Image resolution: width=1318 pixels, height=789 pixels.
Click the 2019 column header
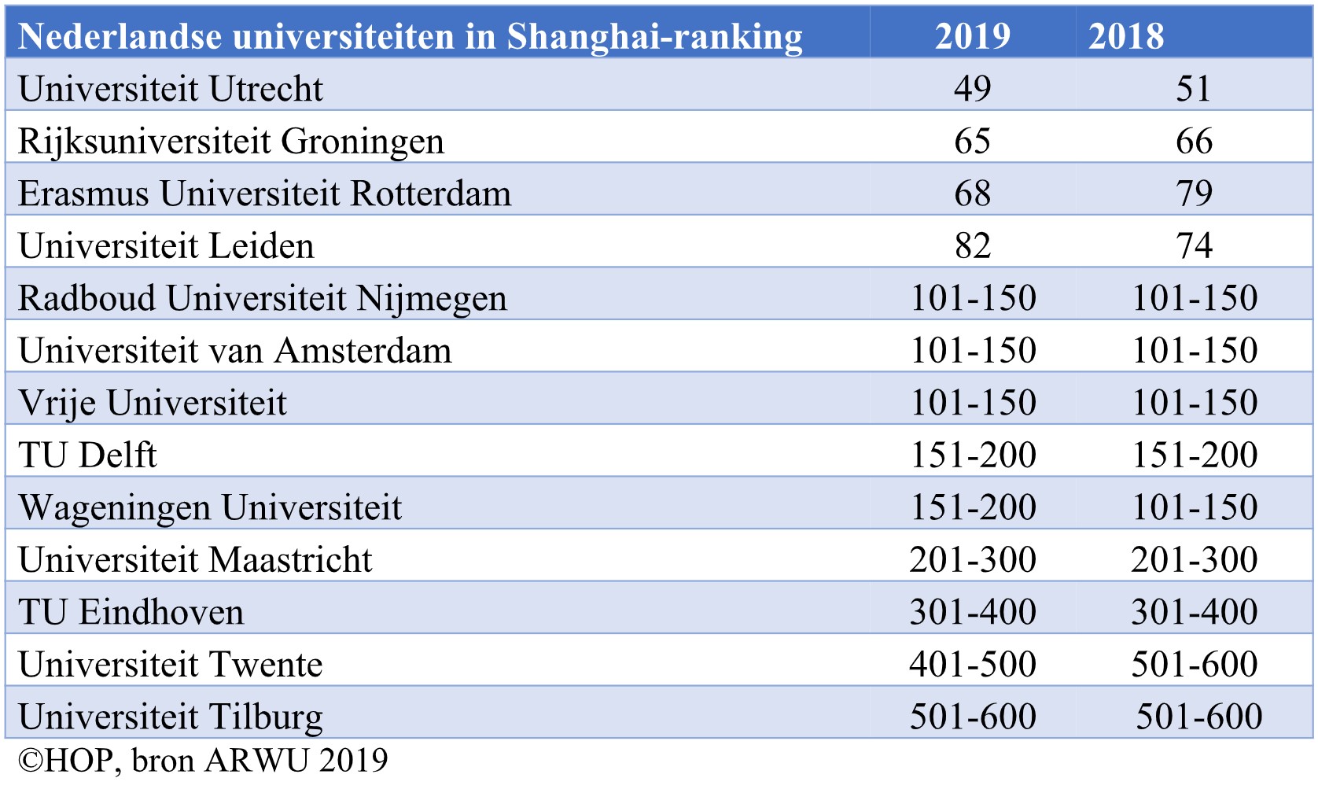click(972, 36)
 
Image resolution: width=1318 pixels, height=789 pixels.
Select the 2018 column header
click(1125, 36)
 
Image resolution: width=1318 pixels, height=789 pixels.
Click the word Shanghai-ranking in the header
click(654, 36)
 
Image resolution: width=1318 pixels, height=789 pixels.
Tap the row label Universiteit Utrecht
click(170, 89)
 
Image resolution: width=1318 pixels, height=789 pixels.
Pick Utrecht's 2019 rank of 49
click(972, 89)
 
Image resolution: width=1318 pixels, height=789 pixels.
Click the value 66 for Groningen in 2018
click(1194, 142)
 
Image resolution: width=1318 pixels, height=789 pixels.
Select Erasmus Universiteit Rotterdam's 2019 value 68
click(972, 194)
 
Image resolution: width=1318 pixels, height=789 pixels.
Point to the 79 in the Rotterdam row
click(1194, 194)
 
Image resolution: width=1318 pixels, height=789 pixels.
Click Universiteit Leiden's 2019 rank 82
click(972, 246)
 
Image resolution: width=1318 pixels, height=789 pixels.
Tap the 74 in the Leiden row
click(1194, 246)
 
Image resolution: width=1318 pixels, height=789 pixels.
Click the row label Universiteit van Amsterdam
click(234, 351)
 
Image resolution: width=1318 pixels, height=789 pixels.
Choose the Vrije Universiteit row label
click(152, 403)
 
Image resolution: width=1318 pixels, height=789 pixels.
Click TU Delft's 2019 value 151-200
click(972, 455)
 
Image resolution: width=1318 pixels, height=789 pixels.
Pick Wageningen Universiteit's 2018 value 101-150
click(1194, 507)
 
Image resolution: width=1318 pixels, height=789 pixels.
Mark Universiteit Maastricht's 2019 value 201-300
click(972, 560)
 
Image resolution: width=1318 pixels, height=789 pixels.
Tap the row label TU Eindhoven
click(131, 612)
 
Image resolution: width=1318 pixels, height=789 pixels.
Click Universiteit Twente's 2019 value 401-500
click(972, 665)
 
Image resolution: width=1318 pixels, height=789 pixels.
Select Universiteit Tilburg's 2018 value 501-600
click(1198, 717)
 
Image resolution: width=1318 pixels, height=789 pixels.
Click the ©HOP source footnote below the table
click(202, 761)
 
